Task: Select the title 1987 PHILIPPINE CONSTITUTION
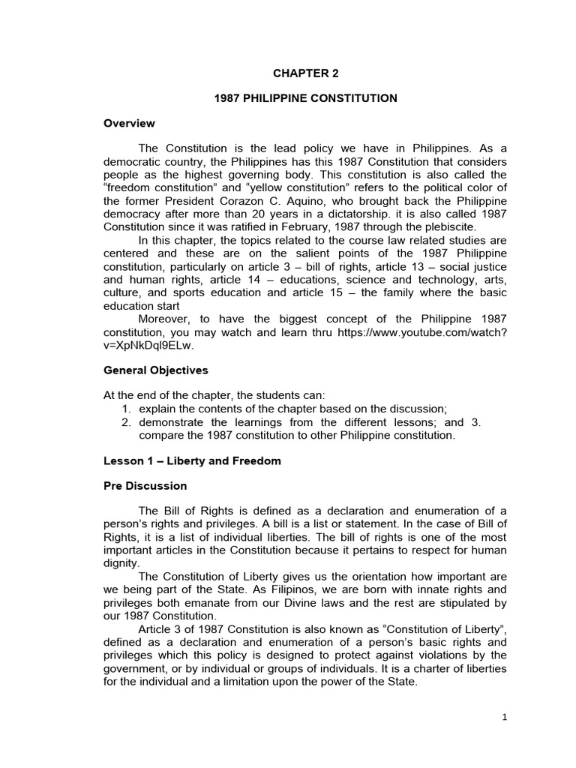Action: click(305, 98)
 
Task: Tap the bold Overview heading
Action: click(129, 123)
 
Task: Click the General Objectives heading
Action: click(155, 370)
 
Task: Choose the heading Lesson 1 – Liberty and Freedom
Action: click(191, 460)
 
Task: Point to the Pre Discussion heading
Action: click(145, 485)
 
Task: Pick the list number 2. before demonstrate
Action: click(127, 421)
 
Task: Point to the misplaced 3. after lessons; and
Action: click(474, 421)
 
